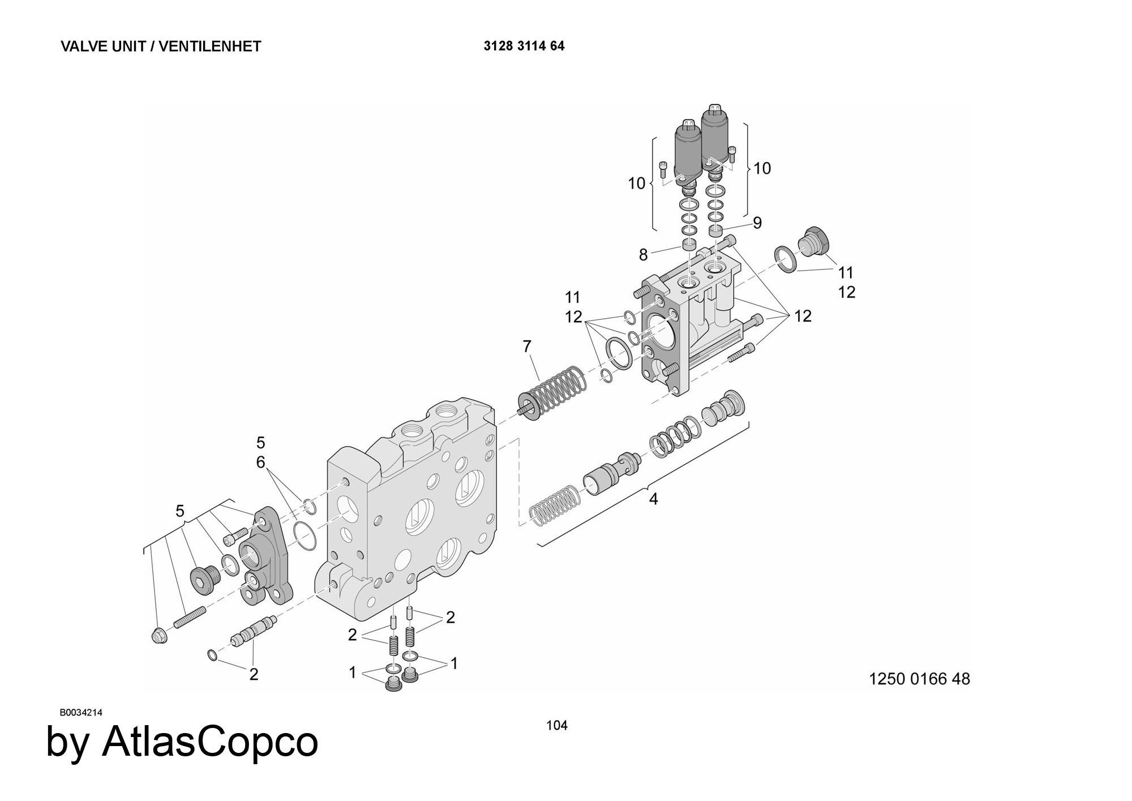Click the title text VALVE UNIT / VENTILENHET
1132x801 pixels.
(161, 46)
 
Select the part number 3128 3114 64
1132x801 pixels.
(524, 46)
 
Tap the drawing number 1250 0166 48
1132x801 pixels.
(919, 679)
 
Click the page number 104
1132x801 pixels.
(556, 725)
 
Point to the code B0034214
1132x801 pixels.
(81, 713)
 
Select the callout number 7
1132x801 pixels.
(527, 346)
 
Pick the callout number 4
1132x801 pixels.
(653, 499)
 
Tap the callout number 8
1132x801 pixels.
(643, 255)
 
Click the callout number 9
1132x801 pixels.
(757, 222)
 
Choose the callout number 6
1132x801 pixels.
(260, 462)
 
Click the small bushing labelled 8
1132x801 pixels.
(688, 245)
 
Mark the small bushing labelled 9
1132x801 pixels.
(717, 231)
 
